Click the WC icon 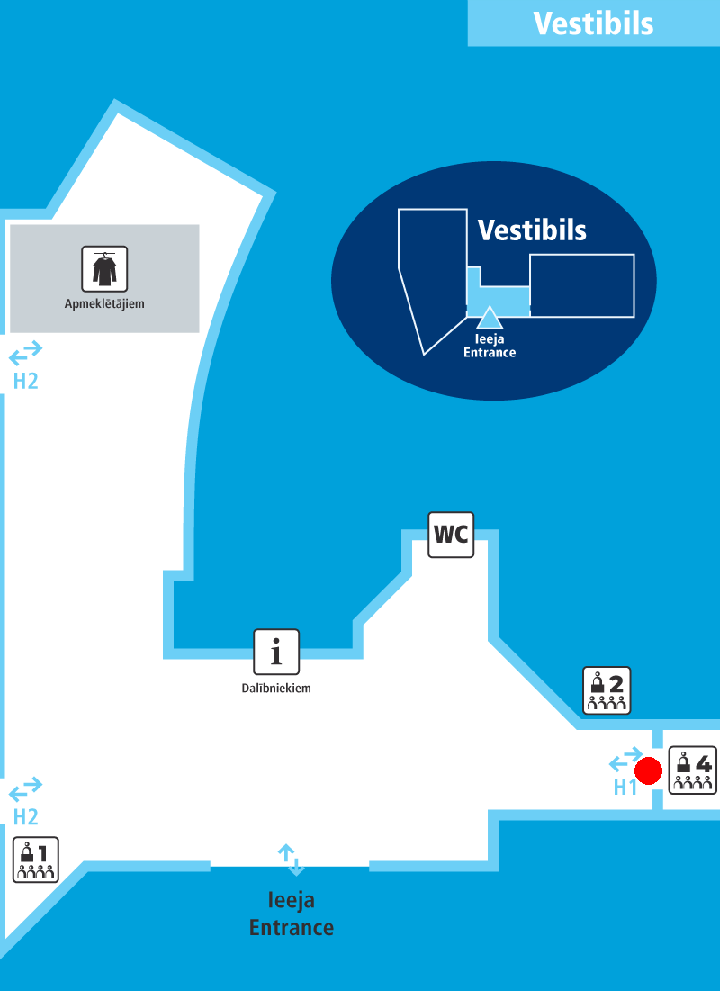pos(451,535)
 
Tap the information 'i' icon pos(276,652)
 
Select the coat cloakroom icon pos(104,269)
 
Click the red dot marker pos(648,771)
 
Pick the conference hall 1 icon pos(36,859)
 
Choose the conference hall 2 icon pos(607,690)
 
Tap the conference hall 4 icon pos(693,770)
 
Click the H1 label pos(625,788)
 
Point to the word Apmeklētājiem pos(104,304)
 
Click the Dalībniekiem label pos(276,689)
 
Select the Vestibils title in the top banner pos(593,23)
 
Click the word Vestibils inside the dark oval pos(532,230)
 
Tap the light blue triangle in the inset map pos(489,317)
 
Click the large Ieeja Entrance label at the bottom pos(292,914)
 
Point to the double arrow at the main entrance pos(291,860)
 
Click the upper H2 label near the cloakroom pos(25,382)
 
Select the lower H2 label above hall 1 pos(25,817)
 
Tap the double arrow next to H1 pos(626,760)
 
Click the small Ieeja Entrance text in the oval pos(490,347)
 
